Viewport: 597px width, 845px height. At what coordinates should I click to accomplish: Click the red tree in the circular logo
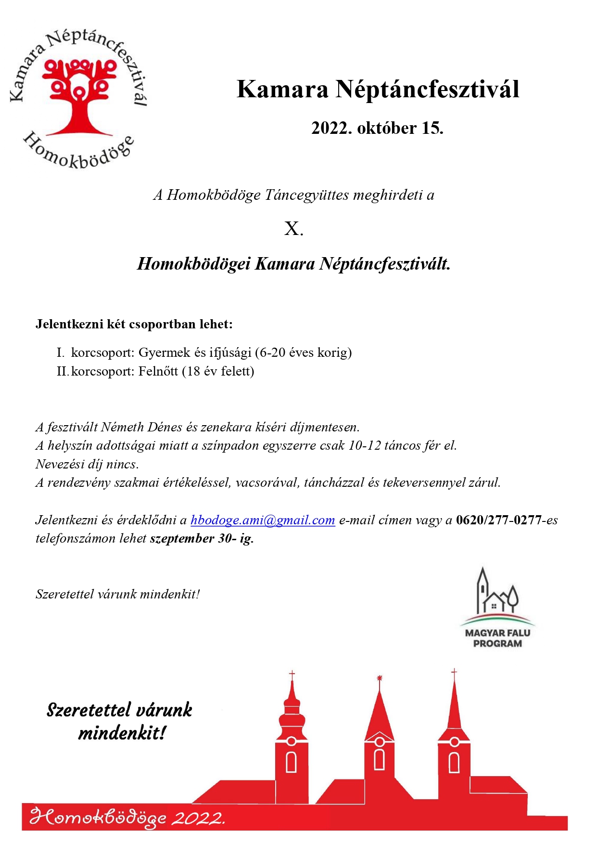pos(79,96)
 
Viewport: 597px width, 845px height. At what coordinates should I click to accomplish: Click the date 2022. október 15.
pos(377,128)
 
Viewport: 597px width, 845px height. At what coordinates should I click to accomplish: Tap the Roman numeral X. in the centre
pos(293,229)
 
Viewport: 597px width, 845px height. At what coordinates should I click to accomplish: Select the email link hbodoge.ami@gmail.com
pos(263,520)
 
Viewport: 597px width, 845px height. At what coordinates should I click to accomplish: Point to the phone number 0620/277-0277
pos(498,520)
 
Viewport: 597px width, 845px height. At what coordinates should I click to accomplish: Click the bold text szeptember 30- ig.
pos(202,538)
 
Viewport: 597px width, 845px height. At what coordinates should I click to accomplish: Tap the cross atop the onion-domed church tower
pos(292,675)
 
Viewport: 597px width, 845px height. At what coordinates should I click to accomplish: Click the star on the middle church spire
pos(379,678)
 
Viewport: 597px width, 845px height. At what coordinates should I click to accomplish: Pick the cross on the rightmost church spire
pos(454,672)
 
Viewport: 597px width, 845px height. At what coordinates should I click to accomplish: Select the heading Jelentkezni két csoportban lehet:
pos(134,324)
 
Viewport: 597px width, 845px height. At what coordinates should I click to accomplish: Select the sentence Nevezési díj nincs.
pos(87,464)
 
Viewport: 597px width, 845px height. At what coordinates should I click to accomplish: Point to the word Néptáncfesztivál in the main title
pos(427,90)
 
